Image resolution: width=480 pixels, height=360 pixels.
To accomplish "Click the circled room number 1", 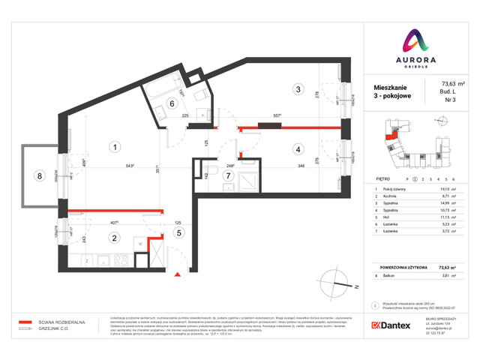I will point(114,147).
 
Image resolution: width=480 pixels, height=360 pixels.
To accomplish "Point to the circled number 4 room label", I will point(298,148).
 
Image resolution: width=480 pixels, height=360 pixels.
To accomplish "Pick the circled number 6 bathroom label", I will point(172,104).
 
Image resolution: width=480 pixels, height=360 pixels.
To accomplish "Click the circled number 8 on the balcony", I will point(39,177).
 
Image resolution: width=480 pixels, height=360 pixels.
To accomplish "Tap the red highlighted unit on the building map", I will point(389,136).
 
